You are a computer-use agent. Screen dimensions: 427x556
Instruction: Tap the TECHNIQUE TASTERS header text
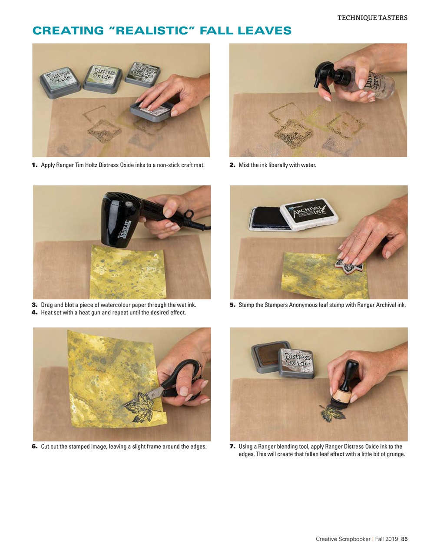coord(372,18)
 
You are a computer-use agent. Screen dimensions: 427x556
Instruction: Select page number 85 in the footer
coord(404,539)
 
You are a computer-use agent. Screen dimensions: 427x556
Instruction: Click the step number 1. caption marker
coord(35,165)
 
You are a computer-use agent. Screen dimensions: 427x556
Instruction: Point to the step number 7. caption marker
coord(232,447)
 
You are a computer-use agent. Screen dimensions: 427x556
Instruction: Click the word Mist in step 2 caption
coord(243,165)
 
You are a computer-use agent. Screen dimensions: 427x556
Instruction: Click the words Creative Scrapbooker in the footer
coord(343,539)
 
